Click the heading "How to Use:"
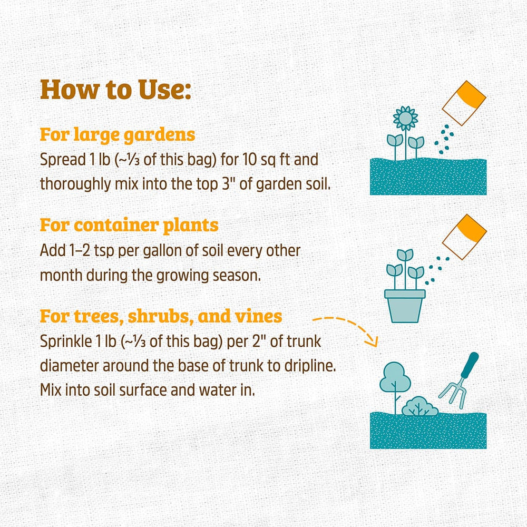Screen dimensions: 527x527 pos(115,90)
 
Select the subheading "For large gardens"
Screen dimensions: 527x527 pos(118,135)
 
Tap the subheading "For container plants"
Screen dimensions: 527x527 pos(129,225)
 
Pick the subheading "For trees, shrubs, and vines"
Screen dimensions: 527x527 pos(161,316)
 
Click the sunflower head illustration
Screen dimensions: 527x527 pos(405,118)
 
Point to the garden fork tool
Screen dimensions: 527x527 pos(460,380)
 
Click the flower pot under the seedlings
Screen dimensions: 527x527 pos(405,306)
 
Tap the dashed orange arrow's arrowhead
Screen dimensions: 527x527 pos(373,341)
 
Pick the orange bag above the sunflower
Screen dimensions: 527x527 pos(464,103)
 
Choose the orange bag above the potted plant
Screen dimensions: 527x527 pos(464,237)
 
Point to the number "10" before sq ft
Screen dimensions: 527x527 pos(249,160)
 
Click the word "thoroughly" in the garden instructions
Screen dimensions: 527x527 pos(75,184)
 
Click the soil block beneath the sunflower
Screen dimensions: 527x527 pos(428,177)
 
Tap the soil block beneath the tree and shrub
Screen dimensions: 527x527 pos(428,430)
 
